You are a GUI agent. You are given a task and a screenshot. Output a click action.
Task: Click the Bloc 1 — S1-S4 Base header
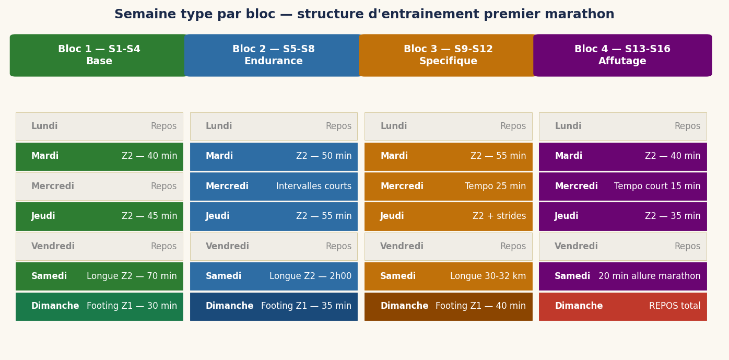tap(99, 55)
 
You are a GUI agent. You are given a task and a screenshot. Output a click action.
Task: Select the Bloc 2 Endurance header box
tap(274, 55)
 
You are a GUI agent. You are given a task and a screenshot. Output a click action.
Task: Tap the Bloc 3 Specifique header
tap(448, 55)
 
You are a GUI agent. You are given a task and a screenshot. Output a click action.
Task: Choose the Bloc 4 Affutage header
tap(622, 55)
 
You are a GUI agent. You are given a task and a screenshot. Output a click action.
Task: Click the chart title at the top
tap(364, 15)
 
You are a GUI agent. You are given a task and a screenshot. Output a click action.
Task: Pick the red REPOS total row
tap(622, 307)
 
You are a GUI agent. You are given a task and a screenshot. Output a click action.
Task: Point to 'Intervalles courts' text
tap(314, 187)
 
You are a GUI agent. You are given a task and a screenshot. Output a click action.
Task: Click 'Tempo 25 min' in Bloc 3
tap(495, 187)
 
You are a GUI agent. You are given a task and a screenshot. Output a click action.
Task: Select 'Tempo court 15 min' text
tap(657, 187)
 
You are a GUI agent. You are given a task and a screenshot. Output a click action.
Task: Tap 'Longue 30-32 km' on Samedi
tap(488, 276)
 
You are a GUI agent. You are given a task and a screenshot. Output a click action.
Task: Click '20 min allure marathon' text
tap(649, 276)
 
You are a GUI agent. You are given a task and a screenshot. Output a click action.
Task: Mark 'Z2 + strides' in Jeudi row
tap(499, 216)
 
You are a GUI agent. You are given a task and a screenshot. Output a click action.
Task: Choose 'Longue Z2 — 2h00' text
tap(310, 276)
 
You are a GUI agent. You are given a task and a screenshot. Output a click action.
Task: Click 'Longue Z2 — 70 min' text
tap(132, 276)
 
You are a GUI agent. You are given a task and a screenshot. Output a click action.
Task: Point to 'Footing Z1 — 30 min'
tap(132, 306)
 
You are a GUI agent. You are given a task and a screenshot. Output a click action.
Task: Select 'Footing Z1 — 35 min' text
tap(306, 306)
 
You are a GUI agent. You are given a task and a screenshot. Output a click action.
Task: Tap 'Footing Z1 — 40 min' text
tap(480, 306)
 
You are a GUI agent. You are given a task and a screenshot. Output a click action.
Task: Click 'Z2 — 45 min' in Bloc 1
tap(149, 216)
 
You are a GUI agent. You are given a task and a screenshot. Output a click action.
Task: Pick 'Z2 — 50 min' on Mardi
tap(324, 156)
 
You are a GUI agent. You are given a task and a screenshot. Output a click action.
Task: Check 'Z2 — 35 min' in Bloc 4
tap(673, 216)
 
